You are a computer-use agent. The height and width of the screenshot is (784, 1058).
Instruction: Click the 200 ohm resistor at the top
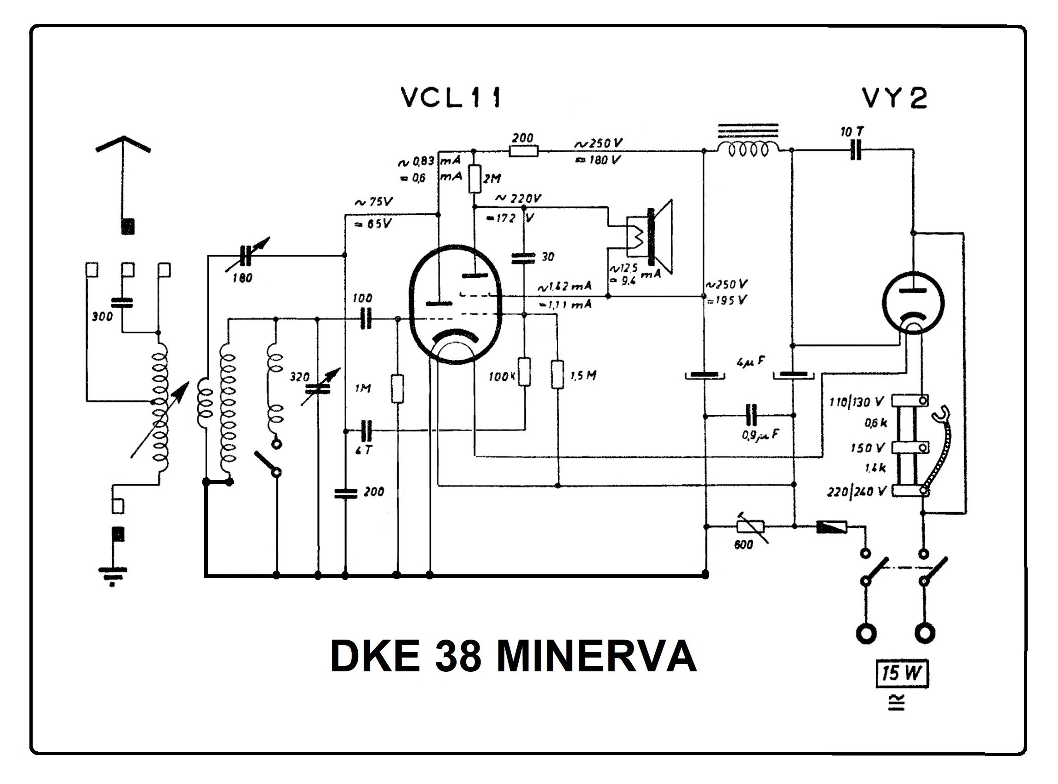click(x=523, y=151)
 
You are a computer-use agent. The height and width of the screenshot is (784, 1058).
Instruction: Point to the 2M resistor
click(x=475, y=179)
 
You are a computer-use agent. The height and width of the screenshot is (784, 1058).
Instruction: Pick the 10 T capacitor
click(x=855, y=150)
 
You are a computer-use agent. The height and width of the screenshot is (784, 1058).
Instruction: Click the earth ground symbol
click(x=113, y=575)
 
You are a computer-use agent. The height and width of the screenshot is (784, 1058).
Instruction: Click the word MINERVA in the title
click(x=596, y=657)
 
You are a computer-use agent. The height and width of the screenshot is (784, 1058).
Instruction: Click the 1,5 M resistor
click(x=557, y=374)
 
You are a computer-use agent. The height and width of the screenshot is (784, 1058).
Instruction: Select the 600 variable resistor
click(x=750, y=526)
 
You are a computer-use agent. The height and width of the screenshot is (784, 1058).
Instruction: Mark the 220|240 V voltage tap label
click(x=856, y=492)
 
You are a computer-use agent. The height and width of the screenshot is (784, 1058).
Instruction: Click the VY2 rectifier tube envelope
click(x=913, y=304)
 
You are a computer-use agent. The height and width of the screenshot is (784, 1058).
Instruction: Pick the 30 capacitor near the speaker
click(x=523, y=258)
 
